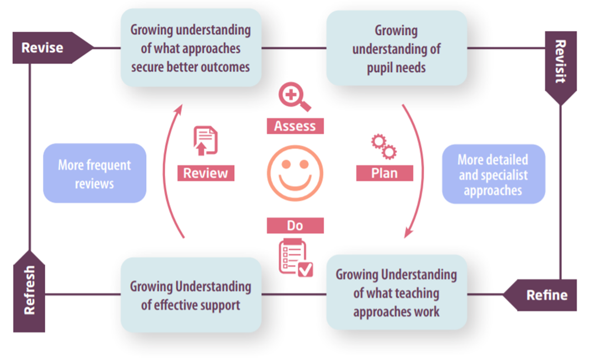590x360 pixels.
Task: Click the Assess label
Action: pos(295,126)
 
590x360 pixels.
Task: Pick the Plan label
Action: pos(384,173)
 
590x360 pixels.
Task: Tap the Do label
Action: pos(295,225)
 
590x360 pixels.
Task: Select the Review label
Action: pos(206,173)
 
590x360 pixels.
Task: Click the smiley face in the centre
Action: pos(295,174)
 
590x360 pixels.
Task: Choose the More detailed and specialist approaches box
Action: pos(493,174)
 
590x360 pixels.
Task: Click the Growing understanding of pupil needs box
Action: pos(396,48)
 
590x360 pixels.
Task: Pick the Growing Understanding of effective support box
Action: pos(191,295)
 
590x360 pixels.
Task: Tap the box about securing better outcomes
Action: pos(191,48)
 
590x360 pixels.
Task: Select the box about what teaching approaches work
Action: pos(396,292)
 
